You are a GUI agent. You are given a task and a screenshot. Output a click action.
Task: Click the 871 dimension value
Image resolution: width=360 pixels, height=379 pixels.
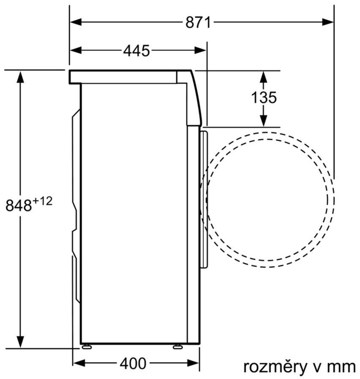[198, 22]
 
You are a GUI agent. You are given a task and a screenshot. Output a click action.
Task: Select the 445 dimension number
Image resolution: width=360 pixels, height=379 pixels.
[136, 51]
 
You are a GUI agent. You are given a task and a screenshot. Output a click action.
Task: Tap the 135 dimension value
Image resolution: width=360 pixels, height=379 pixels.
[264, 98]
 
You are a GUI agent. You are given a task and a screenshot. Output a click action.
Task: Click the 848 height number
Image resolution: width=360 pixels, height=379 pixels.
[19, 206]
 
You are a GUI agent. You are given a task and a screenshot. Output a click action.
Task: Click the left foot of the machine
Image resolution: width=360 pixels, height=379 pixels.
[87, 347]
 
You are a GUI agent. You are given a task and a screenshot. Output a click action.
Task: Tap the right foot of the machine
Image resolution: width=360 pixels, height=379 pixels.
[177, 347]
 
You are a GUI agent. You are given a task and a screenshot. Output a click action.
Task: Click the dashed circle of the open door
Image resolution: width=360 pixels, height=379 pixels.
[333, 199]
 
